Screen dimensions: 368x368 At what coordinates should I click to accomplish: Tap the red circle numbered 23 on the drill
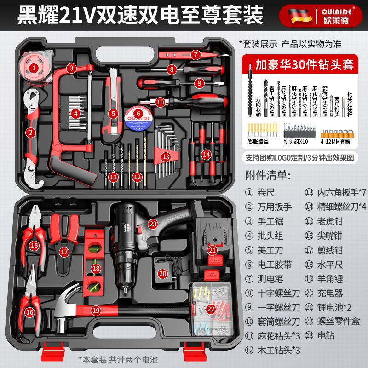(153, 224)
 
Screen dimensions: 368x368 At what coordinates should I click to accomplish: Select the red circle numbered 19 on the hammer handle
(96, 310)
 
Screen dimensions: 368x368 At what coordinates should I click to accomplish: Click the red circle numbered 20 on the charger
(162, 273)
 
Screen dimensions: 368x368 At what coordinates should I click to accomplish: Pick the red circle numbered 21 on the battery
(212, 250)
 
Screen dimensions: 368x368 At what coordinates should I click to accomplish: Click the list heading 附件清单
(269, 175)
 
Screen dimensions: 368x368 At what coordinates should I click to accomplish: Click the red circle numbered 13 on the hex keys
(166, 156)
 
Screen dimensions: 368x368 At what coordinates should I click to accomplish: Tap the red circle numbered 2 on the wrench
(31, 133)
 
